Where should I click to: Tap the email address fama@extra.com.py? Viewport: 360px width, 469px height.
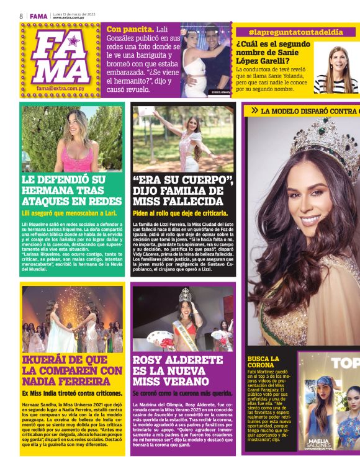point(61,89)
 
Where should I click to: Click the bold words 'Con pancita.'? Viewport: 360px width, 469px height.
point(130,29)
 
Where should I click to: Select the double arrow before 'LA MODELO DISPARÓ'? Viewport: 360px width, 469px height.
point(254,110)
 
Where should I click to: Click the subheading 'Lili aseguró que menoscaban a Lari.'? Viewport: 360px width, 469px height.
point(70,213)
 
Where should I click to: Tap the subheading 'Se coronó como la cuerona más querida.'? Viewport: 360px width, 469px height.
point(181,393)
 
